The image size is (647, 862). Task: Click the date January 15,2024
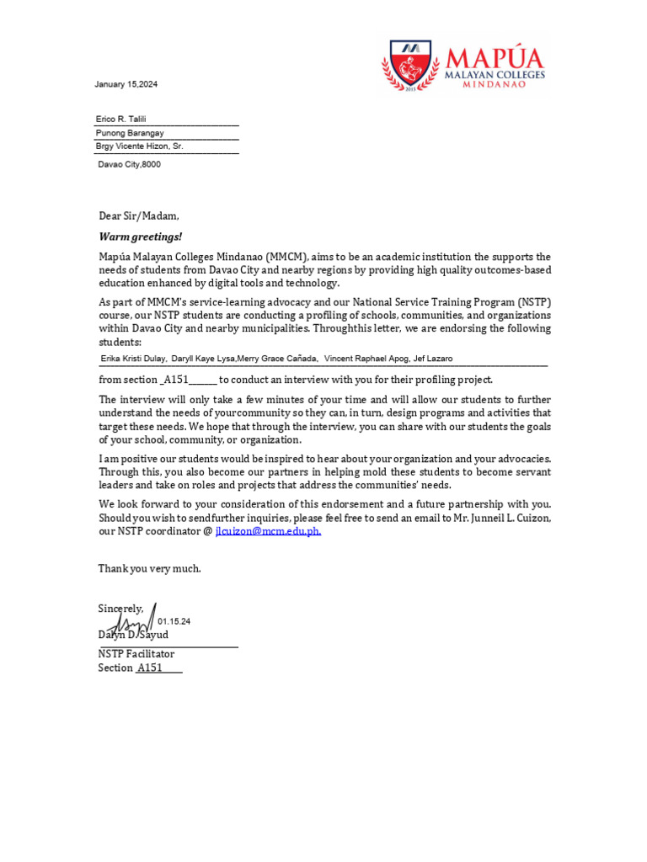point(126,85)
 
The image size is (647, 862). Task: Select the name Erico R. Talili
point(120,120)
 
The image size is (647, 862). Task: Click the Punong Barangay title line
point(130,133)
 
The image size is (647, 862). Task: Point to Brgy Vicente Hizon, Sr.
point(139,146)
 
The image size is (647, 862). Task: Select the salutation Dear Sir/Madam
point(139,216)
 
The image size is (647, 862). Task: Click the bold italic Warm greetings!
point(140,237)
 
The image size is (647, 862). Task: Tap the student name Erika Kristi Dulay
point(133,359)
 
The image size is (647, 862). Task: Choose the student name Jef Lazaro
point(433,359)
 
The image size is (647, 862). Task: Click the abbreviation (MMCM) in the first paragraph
point(289,257)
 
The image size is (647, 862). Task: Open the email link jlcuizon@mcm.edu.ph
point(269,531)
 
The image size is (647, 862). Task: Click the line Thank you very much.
point(150,569)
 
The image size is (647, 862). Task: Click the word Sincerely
point(120,608)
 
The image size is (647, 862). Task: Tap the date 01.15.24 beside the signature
point(174,621)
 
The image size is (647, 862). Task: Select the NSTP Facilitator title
point(136,654)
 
